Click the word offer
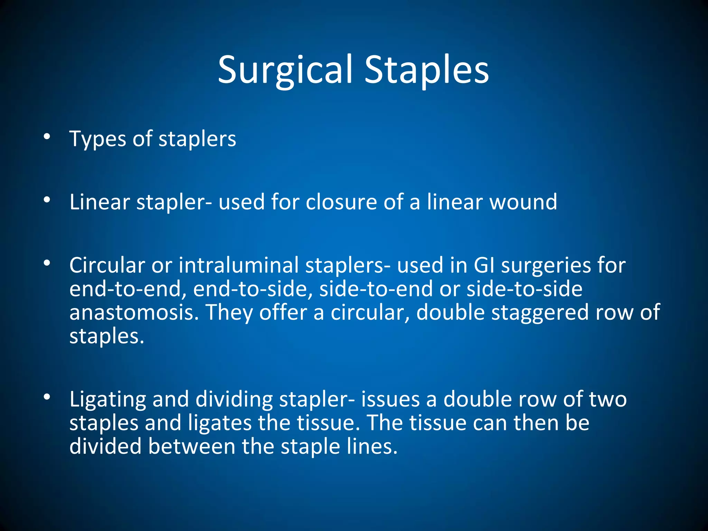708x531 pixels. pos(283,313)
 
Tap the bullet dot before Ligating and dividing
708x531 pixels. pos(47,397)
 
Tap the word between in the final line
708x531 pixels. pos(192,446)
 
